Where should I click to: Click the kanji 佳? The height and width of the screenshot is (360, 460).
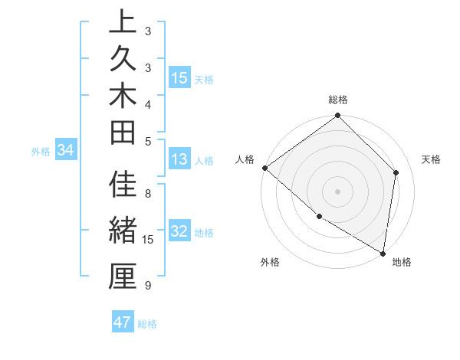[123, 186]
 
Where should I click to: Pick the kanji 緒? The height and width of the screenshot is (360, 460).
[123, 231]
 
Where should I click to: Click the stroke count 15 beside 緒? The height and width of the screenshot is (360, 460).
[149, 240]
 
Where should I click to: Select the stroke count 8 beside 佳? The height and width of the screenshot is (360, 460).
[148, 194]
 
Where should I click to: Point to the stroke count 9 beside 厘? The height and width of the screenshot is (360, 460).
[148, 286]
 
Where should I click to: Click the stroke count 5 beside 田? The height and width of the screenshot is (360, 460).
[148, 141]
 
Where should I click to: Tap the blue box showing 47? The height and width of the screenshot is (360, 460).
[123, 322]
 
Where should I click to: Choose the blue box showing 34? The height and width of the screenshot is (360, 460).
[66, 151]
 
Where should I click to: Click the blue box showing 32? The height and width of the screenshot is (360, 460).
[179, 232]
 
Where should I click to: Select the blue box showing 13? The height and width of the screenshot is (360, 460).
[179, 160]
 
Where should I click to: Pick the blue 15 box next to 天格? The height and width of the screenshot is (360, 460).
[179, 78]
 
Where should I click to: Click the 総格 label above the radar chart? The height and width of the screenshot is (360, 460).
[338, 100]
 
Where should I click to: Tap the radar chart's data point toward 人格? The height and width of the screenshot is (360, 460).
[264, 168]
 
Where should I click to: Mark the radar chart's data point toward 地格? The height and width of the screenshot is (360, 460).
[383, 253]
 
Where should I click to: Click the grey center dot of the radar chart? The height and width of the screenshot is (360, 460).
[337, 191]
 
